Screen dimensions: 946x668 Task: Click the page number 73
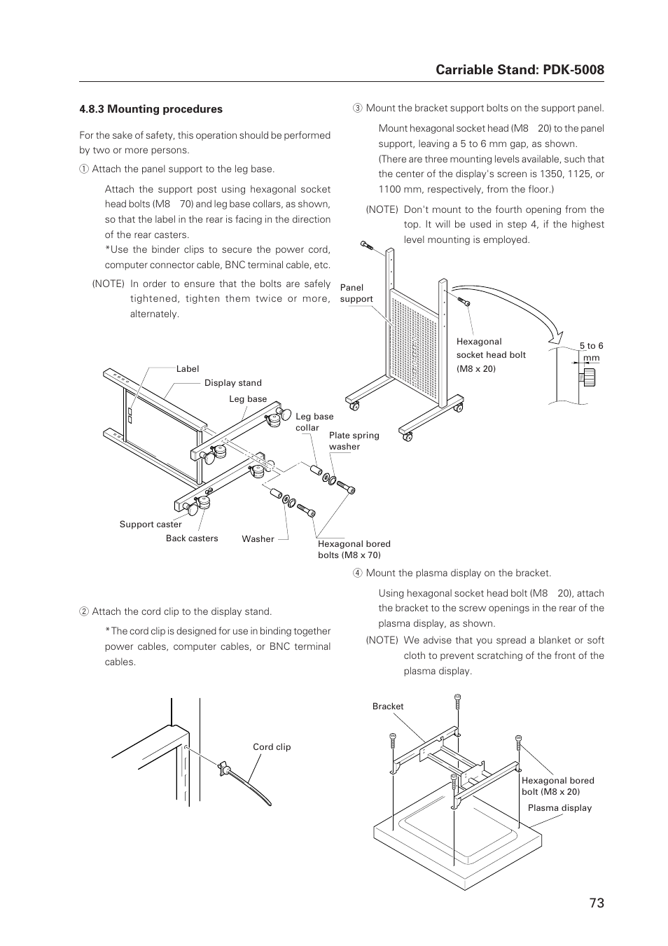[596, 903]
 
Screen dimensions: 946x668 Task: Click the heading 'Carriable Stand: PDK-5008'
[520, 69]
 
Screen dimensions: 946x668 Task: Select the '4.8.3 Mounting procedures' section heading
[151, 109]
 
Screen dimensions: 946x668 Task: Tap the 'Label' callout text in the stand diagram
[188, 369]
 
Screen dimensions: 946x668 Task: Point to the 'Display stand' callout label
[232, 383]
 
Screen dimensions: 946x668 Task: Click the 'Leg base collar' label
[314, 422]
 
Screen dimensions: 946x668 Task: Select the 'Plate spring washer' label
[354, 441]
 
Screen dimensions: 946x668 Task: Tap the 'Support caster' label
[150, 524]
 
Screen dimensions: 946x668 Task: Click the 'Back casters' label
[192, 538]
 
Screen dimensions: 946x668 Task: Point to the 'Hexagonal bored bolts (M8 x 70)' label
[354, 550]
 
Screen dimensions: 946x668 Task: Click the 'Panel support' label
[356, 293]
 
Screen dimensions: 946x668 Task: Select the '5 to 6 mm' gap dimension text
[591, 352]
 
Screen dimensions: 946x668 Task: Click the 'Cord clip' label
[272, 747]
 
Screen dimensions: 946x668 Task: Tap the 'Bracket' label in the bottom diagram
[388, 707]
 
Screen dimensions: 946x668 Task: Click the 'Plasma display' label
[559, 808]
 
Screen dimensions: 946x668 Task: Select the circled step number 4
[357, 573]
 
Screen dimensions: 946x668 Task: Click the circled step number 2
[83, 612]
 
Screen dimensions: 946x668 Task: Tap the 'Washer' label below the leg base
[258, 539]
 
